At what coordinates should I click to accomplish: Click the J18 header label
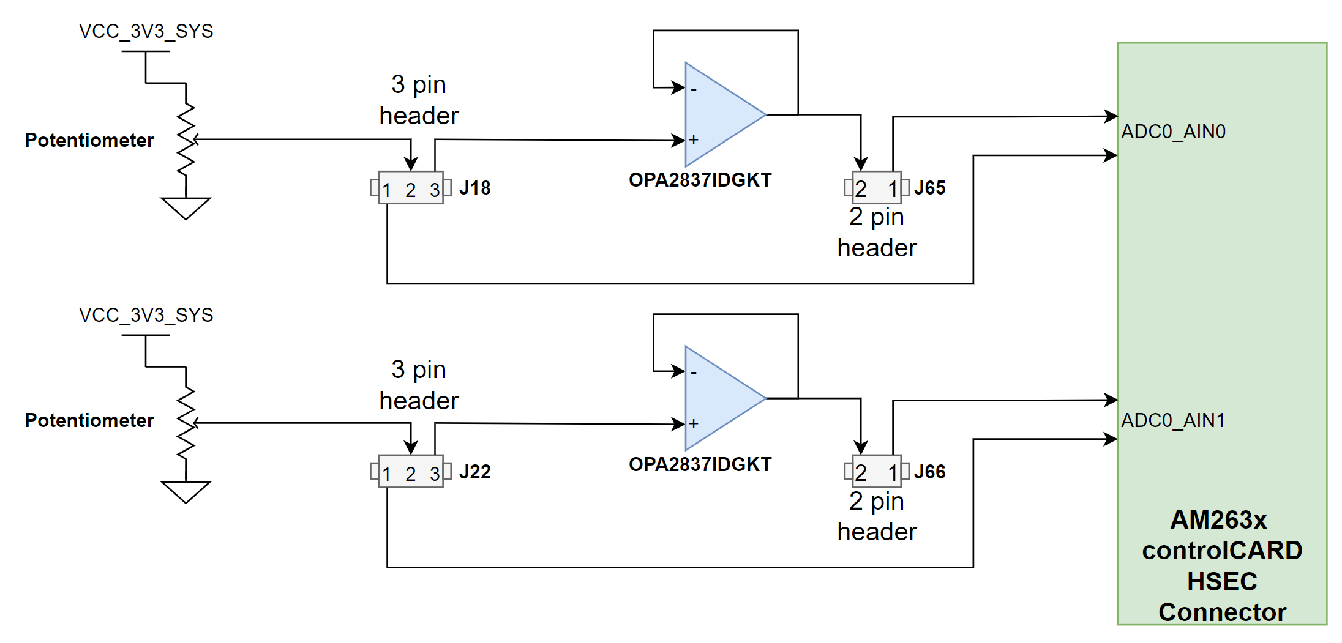tap(474, 188)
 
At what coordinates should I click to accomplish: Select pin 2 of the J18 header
tap(410, 190)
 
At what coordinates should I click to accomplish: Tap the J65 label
tap(929, 188)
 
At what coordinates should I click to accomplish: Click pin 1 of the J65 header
tap(893, 189)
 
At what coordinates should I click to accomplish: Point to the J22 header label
tap(474, 472)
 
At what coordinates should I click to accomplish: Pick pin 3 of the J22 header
tap(435, 474)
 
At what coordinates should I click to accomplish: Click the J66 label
tap(929, 472)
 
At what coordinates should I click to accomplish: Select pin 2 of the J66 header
tap(861, 473)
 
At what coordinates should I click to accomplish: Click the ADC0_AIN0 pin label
tap(1173, 132)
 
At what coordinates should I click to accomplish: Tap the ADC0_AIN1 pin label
tap(1173, 420)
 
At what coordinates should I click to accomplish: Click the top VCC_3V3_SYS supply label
tap(146, 31)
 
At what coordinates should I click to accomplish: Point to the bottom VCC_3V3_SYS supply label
tap(146, 315)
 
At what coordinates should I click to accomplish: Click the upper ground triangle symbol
tap(186, 207)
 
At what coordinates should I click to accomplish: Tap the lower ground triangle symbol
tap(186, 491)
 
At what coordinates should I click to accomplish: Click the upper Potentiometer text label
tap(89, 140)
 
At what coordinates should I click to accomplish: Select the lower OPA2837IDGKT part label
tap(700, 464)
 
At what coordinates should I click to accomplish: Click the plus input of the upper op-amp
tap(694, 140)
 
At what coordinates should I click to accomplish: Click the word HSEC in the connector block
tap(1222, 581)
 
